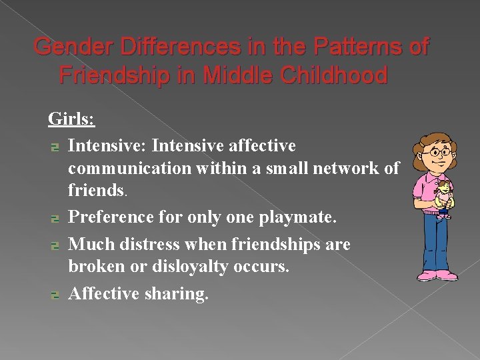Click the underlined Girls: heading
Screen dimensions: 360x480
(x=72, y=119)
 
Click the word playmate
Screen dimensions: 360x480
(x=304, y=217)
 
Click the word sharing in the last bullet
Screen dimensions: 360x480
(x=175, y=293)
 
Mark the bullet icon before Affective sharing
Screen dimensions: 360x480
(x=55, y=294)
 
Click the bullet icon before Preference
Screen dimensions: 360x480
(x=55, y=218)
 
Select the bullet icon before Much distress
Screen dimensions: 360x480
(x=55, y=245)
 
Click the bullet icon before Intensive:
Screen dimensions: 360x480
(x=55, y=146)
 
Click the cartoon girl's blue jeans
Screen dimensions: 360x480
(x=437, y=240)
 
